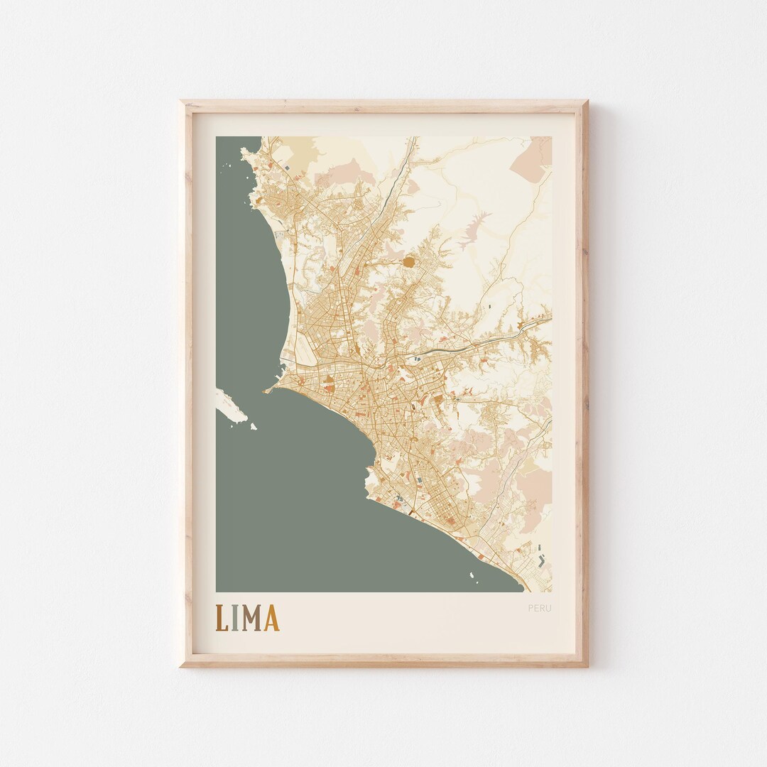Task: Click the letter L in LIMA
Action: coord(222,618)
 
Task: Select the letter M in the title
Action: coord(251,618)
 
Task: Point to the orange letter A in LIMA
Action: coord(271,618)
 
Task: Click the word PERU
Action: coord(539,608)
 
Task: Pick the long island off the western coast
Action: coord(232,405)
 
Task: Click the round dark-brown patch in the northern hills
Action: coord(410,263)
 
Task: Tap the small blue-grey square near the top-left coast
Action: coord(287,167)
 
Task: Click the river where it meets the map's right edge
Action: coord(549,317)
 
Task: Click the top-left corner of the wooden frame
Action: coord(181,102)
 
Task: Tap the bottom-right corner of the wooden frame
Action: coord(587,665)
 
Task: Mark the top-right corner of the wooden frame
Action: coord(587,102)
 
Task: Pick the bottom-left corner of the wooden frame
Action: coord(181,665)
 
